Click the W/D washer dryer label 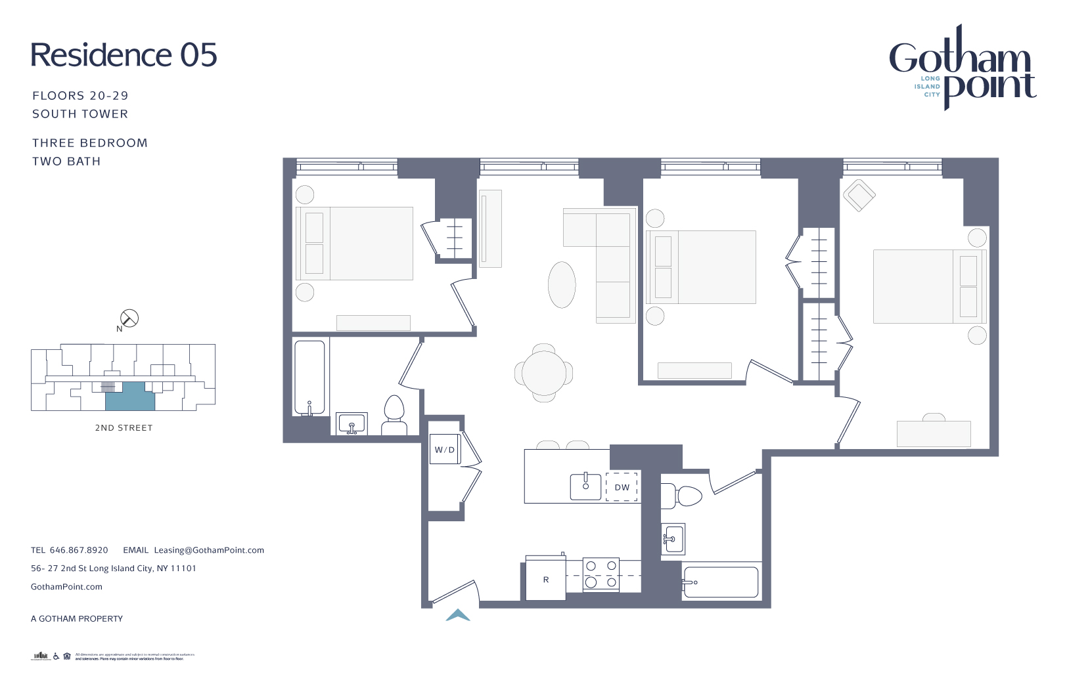[445, 450]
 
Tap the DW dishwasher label [622, 487]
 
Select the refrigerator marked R [545, 579]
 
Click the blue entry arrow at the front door [458, 615]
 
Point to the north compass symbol [129, 318]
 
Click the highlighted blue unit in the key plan [130, 396]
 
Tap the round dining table [543, 373]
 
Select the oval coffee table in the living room [562, 284]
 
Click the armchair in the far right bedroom [859, 195]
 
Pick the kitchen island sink [585, 486]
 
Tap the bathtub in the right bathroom [721, 582]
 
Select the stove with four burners [601, 574]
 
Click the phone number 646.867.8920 [79, 550]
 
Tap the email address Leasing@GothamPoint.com [209, 550]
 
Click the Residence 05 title [124, 55]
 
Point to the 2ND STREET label [124, 428]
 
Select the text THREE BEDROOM [90, 143]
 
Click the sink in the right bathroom [673, 540]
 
